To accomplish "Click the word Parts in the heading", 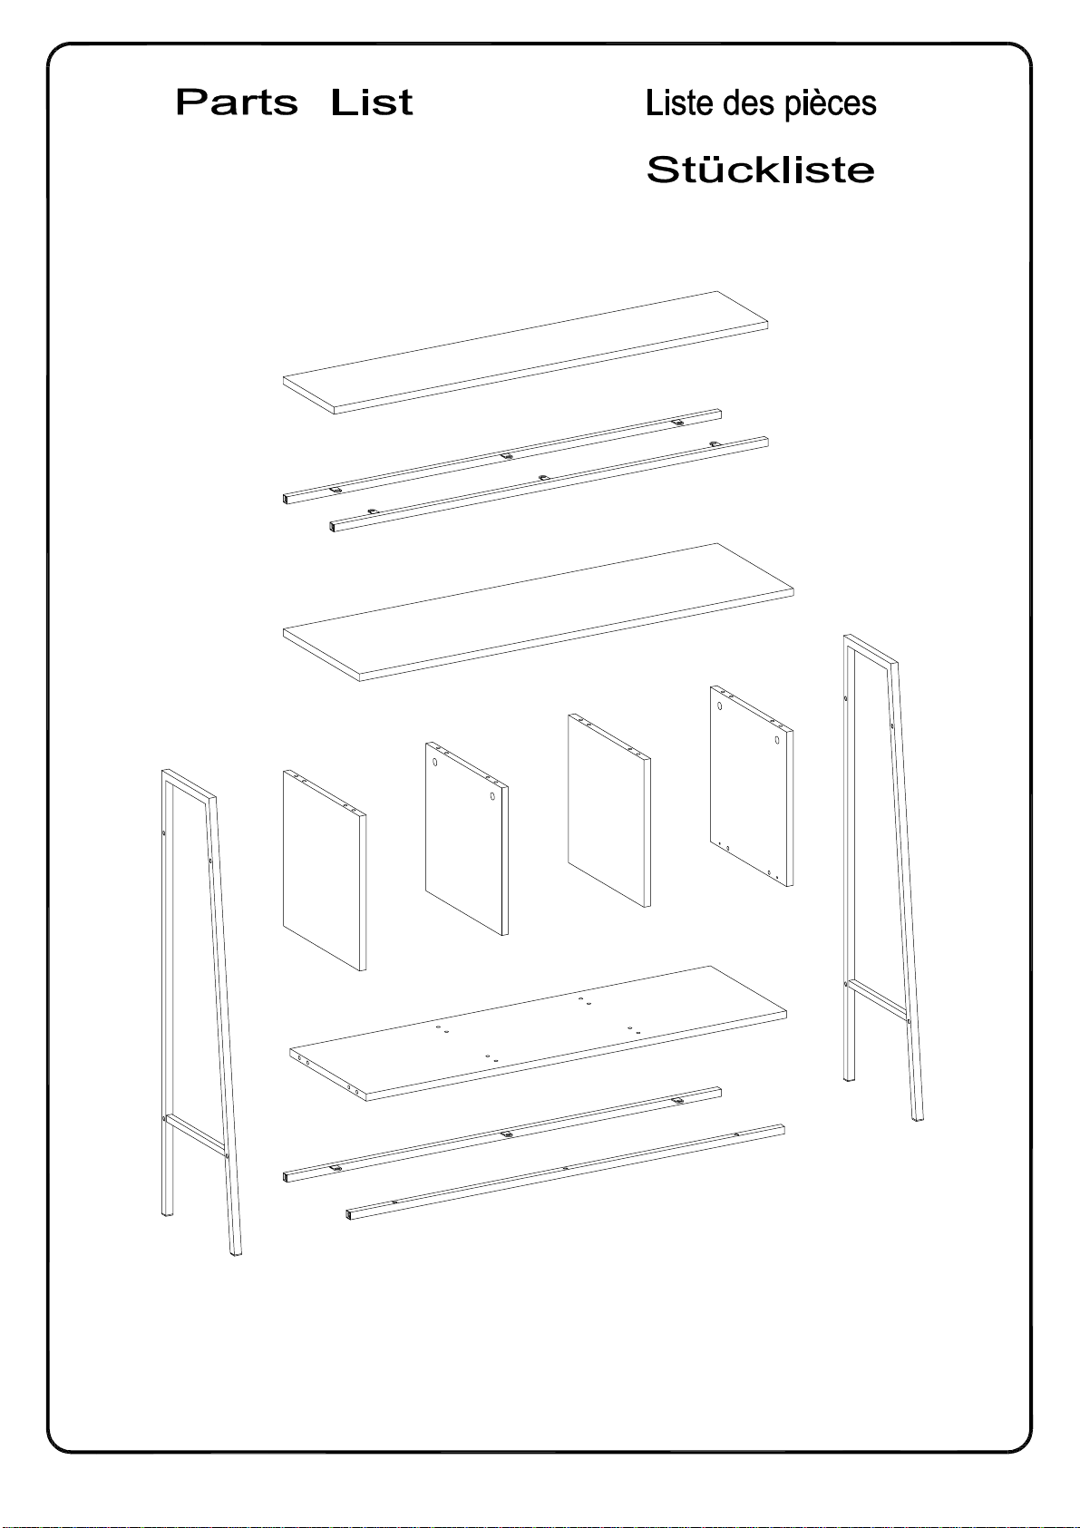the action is point(237,102).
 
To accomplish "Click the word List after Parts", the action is point(372,102).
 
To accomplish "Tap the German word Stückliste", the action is point(761,170).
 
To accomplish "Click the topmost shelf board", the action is point(525,352).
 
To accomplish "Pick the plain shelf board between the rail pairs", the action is point(539,612).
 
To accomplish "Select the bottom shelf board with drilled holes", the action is point(538,1033).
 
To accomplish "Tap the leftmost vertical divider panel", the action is point(324,870).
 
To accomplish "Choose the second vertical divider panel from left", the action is point(467,838).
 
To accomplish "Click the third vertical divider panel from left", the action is point(609,811).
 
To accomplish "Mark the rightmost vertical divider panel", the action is point(751,786).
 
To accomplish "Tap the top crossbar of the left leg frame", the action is point(189,783).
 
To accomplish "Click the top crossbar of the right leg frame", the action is point(871,648).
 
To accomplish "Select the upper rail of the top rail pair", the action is point(502,455).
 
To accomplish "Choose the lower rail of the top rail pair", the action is point(550,483).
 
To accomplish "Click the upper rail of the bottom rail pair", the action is point(502,1134).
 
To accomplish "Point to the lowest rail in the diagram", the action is point(566,1172).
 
